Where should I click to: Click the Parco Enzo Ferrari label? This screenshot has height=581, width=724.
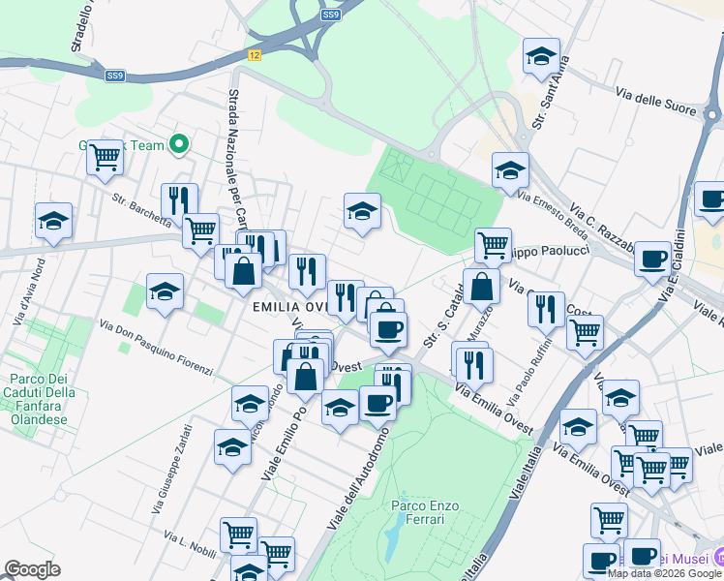[x=418, y=511]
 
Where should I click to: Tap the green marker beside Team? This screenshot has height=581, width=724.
[x=178, y=145]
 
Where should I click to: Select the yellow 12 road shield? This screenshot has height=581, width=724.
[x=255, y=56]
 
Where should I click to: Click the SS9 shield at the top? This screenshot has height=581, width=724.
[x=331, y=15]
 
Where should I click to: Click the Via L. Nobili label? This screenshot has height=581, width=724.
[x=190, y=543]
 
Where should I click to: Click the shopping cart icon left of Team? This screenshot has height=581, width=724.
[x=106, y=156]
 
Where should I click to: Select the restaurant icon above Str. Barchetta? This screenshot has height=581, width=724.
[x=178, y=199]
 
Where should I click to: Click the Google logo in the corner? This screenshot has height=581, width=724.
[x=32, y=569]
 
